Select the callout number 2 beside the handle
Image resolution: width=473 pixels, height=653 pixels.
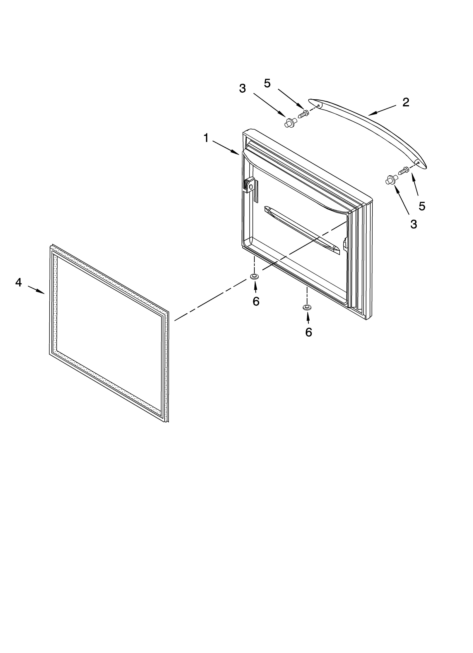click(406, 102)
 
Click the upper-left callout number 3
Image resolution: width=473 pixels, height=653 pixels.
click(243, 89)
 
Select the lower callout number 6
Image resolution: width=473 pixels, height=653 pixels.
click(309, 332)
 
